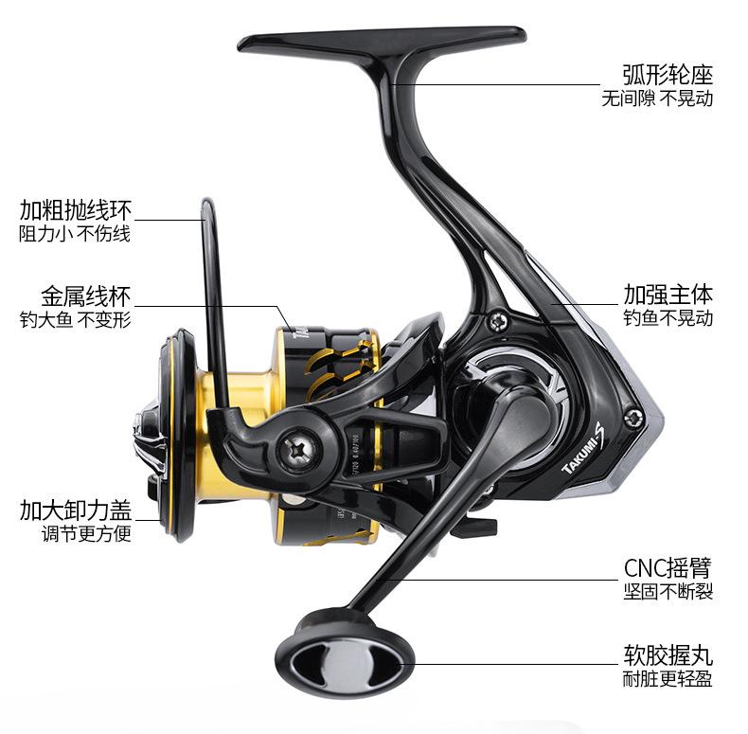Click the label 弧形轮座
pos(668,74)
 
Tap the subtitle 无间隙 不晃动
pos(657,98)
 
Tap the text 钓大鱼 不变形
pos(76,320)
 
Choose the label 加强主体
pos(668,294)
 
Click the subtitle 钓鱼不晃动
pos(668,318)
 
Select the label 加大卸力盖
pos(76,510)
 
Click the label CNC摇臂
pos(668,567)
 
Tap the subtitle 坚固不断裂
pos(668,592)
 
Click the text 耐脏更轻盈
pos(668,678)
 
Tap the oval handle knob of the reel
pos(345,654)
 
